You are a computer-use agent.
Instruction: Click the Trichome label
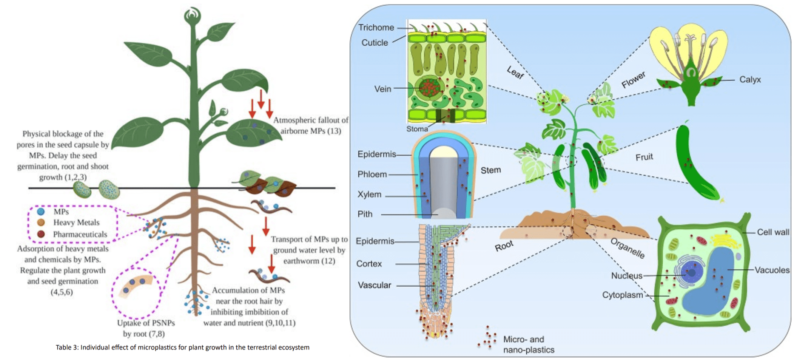point(376,28)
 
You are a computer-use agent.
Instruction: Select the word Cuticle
point(375,43)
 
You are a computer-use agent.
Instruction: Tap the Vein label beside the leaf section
point(382,89)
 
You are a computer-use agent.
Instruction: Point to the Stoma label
point(417,129)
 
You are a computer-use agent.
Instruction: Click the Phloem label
point(372,175)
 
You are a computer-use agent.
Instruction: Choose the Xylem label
point(369,195)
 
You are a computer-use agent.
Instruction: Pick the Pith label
point(365,214)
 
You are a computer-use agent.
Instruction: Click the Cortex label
point(369,264)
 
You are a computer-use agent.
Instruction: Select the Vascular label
point(374,285)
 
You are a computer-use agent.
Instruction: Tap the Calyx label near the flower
point(750,80)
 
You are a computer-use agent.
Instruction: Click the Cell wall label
point(773,232)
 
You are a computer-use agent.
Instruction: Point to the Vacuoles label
point(772,270)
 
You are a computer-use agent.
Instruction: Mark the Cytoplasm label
point(622,295)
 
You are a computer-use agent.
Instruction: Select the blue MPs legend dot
point(41,212)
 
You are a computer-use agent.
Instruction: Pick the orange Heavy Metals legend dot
point(41,222)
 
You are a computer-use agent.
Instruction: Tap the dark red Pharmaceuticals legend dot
point(41,234)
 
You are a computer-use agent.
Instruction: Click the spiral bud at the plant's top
point(193,15)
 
